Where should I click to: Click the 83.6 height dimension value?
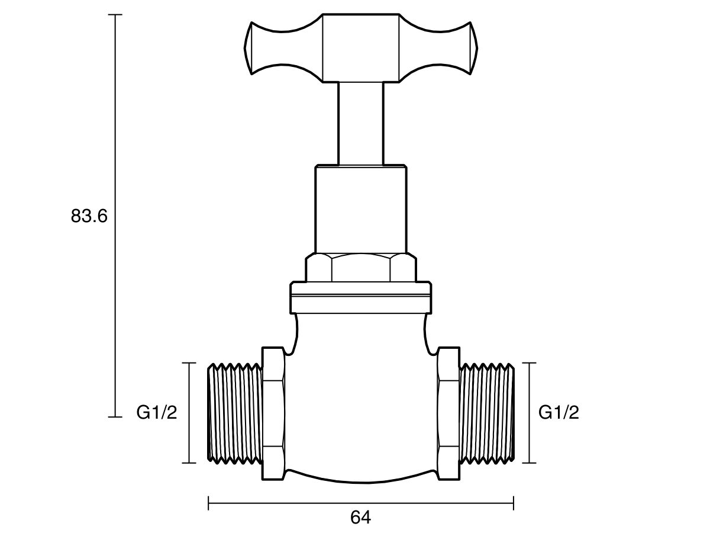point(89,217)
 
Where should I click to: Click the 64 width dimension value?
point(360,517)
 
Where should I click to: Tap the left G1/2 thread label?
point(157,413)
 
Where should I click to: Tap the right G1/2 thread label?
point(559,413)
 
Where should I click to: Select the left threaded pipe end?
point(235,413)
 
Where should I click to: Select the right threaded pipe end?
point(487,413)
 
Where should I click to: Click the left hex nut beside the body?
point(273,413)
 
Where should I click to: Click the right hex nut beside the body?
point(448,413)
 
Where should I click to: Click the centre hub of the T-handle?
point(361,47)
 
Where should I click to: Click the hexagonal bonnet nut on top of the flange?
point(360,268)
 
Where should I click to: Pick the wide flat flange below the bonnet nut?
point(360,297)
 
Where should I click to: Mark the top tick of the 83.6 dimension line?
point(115,14)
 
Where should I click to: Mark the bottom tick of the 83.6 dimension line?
point(115,417)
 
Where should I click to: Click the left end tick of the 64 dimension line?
point(209,503)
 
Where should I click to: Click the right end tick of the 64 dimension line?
point(513,503)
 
